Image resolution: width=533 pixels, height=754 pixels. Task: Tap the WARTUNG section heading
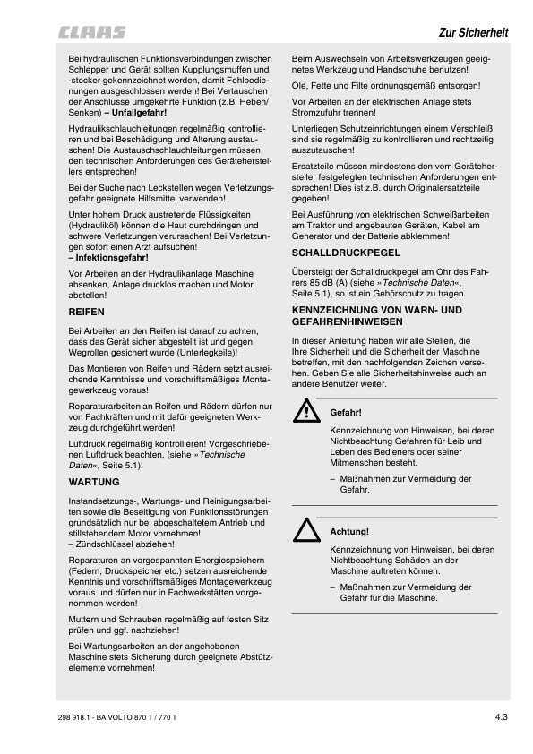click(x=94, y=481)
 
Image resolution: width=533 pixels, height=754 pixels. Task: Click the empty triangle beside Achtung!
click(x=307, y=532)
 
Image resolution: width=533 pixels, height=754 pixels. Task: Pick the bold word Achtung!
click(x=349, y=532)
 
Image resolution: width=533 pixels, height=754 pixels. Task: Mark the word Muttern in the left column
click(x=86, y=618)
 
